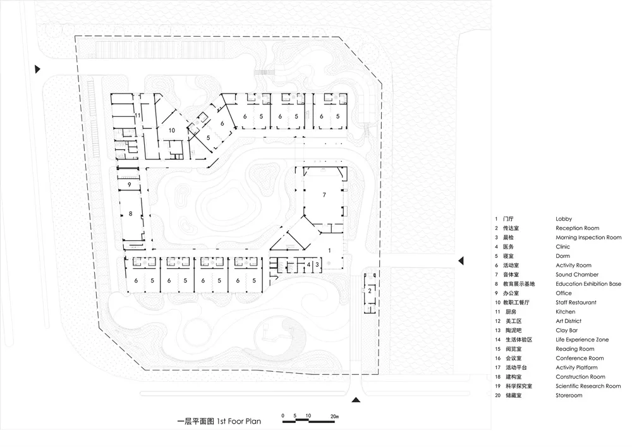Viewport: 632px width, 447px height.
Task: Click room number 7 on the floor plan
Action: pyautogui.click(x=324, y=195)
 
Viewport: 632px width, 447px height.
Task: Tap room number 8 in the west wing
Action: pyautogui.click(x=131, y=214)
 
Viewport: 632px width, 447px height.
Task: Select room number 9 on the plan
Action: pyautogui.click(x=128, y=185)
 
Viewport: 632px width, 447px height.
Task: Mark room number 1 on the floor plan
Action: pyautogui.click(x=329, y=250)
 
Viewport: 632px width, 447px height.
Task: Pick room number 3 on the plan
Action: pyautogui.click(x=317, y=264)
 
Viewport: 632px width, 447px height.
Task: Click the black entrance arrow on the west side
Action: pyautogui.click(x=39, y=68)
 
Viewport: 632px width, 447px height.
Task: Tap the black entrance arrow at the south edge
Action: pyautogui.click(x=356, y=400)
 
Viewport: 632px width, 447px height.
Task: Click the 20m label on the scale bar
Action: pyautogui.click(x=334, y=416)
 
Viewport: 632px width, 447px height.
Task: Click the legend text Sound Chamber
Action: pyautogui.click(x=577, y=275)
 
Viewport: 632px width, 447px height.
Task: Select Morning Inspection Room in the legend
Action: pyautogui.click(x=588, y=238)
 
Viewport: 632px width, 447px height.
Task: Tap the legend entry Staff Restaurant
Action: pyautogui.click(x=576, y=303)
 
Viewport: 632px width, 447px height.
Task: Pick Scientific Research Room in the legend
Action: pyautogui.click(x=588, y=386)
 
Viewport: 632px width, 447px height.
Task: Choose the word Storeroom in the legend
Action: pyautogui.click(x=569, y=396)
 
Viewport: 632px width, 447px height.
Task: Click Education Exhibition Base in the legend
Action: pyautogui.click(x=588, y=285)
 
